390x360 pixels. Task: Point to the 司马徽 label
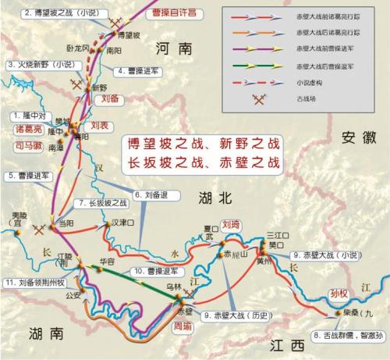(25, 144)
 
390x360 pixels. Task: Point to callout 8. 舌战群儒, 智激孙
(348, 335)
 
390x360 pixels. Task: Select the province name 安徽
(356, 137)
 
